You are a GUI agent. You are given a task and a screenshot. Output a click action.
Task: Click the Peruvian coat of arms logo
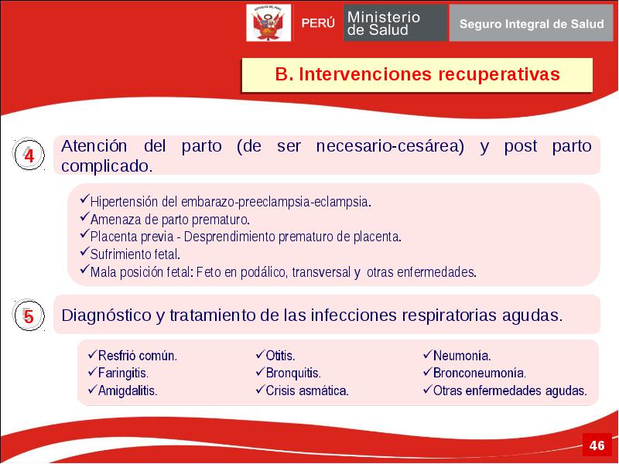[268, 23]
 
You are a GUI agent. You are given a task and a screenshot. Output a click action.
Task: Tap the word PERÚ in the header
[318, 23]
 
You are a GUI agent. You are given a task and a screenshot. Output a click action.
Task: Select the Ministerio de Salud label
[383, 23]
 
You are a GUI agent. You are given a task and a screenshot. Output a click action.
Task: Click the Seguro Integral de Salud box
[531, 23]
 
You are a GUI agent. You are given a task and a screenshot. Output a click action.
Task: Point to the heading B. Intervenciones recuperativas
[417, 74]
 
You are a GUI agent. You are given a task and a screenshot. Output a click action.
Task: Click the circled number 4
[29, 154]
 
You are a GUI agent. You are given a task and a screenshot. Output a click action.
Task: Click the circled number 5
[29, 316]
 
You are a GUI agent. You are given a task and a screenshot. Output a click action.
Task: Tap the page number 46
[597, 445]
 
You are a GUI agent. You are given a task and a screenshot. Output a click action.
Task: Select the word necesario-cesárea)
[390, 146]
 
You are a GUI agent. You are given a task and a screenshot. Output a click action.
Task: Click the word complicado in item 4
[107, 166]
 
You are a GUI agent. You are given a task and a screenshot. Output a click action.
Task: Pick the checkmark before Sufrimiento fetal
[84, 251]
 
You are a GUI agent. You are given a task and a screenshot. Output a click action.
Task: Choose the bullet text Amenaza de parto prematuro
[170, 220]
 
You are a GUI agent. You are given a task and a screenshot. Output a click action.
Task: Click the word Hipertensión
[125, 202]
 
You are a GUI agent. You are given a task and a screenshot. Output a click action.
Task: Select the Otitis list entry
[280, 356]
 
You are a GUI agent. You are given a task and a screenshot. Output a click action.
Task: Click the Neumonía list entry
[462, 356]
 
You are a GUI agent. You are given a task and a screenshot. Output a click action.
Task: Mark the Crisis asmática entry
[307, 391]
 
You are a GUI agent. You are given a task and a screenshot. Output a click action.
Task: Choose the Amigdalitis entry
[128, 391]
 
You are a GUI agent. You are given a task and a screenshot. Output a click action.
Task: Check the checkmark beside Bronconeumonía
[428, 372]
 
